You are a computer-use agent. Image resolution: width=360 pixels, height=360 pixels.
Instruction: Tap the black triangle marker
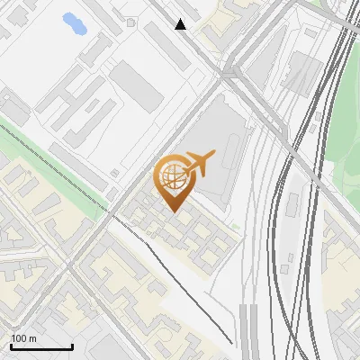coord(181,24)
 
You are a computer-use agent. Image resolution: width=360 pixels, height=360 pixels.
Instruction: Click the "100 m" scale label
coord(23,338)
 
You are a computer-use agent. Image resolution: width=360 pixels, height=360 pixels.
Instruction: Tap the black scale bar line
coord(40,346)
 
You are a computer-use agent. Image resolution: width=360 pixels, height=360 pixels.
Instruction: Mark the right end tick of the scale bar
coord(72,345)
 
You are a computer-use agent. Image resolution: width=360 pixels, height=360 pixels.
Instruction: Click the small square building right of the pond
coord(131,22)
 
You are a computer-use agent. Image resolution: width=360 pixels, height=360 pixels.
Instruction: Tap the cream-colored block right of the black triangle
coord(220,22)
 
